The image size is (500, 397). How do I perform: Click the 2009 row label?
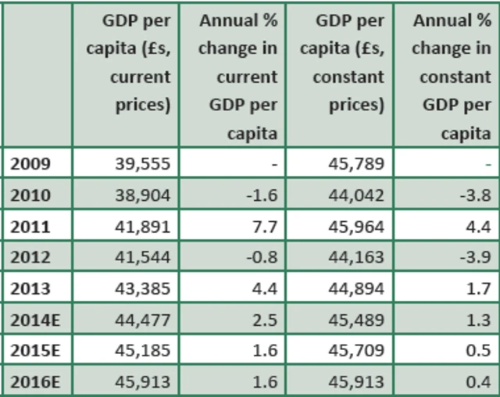point(30,164)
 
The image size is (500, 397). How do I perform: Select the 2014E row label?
point(35,319)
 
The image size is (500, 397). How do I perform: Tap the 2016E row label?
point(35,381)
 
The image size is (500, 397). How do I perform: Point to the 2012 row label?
point(30,257)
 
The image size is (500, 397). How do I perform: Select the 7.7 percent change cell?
point(265,227)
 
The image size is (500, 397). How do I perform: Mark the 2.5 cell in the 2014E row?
point(265,319)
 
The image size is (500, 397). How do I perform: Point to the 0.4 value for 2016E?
point(478,381)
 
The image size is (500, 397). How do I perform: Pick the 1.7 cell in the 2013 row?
point(478,288)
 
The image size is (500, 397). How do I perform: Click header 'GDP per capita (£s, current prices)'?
point(132,63)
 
